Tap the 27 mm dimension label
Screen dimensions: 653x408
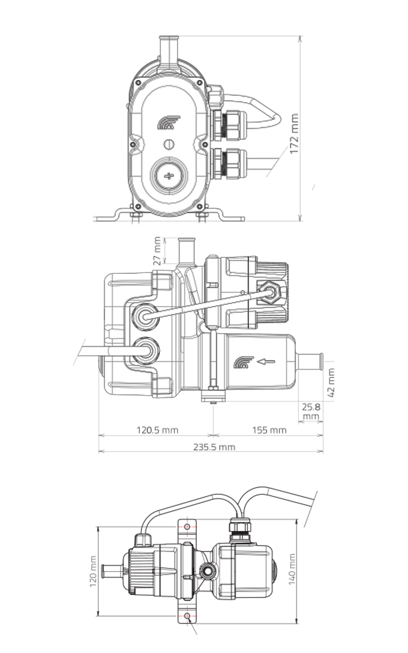click(x=157, y=251)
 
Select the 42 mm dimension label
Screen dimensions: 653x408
click(x=331, y=383)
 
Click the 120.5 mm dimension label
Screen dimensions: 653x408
click(x=157, y=430)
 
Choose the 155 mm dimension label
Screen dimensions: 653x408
click(x=269, y=430)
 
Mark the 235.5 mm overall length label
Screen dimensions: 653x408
click(x=214, y=446)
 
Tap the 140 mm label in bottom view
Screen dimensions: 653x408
click(x=292, y=569)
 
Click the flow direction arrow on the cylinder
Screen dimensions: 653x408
click(x=266, y=361)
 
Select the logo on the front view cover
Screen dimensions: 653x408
click(x=169, y=122)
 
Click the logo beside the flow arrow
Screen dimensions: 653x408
click(x=244, y=362)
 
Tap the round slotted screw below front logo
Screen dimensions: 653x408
click(x=169, y=144)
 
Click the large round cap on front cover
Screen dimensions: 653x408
click(x=169, y=176)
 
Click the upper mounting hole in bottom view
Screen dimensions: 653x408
click(x=187, y=527)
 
